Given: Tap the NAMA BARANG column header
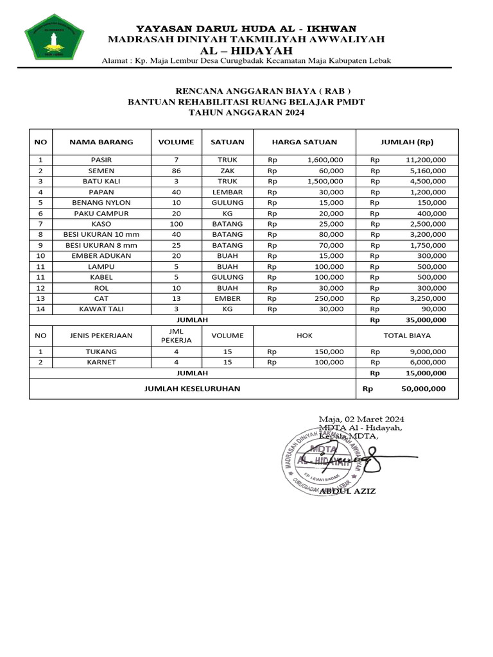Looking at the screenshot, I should tap(101, 142).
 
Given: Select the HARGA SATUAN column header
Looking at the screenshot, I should tap(304, 142).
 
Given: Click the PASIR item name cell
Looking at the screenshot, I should tap(101, 160).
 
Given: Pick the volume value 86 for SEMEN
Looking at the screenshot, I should tap(177, 171).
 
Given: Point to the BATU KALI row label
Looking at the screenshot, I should tap(101, 182).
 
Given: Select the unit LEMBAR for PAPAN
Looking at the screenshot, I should tap(227, 192).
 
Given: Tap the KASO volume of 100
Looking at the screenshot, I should tap(177, 224).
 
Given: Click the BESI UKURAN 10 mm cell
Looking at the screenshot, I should tap(101, 235).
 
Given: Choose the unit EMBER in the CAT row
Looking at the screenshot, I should tap(227, 298).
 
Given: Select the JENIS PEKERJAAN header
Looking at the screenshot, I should tap(101, 335).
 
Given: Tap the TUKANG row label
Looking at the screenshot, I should tap(101, 352).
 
